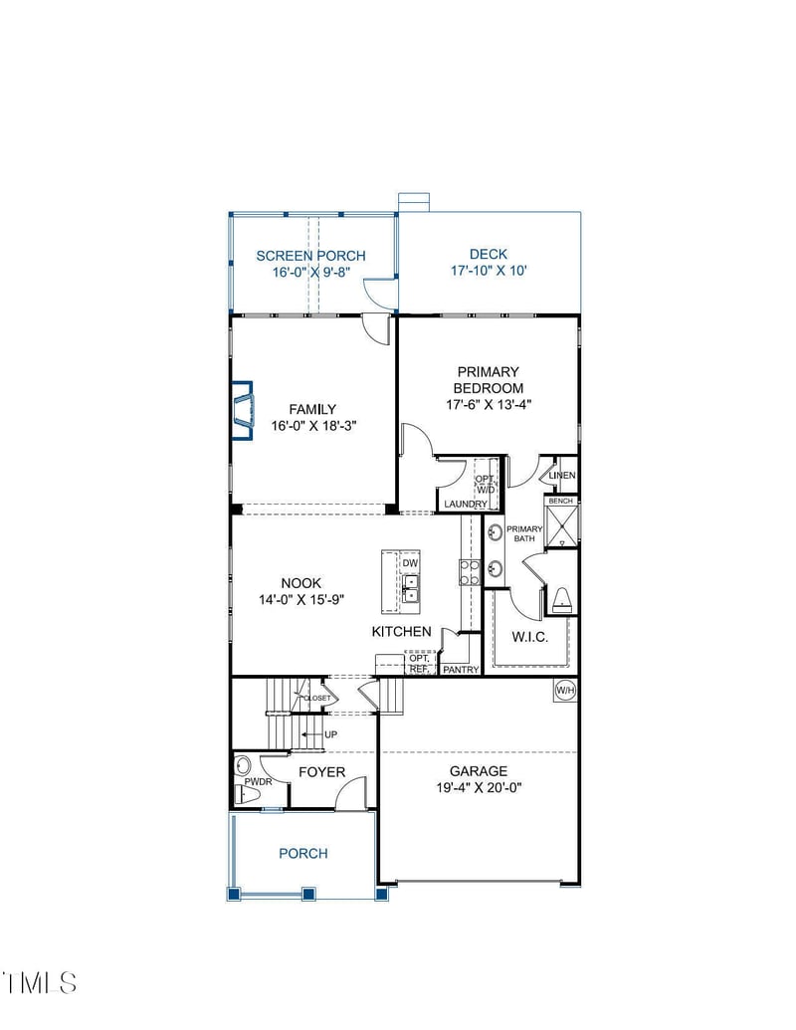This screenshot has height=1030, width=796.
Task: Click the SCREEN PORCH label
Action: [310, 256]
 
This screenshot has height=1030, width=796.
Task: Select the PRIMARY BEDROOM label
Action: [489, 380]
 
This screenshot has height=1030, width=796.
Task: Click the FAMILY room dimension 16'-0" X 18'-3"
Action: [312, 425]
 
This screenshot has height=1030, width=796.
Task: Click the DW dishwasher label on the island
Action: [410, 563]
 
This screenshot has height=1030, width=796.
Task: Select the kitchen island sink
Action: [410, 588]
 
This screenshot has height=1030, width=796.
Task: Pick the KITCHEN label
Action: [402, 632]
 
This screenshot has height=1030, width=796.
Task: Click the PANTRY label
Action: [462, 670]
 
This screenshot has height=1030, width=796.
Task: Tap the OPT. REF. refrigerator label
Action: [417, 664]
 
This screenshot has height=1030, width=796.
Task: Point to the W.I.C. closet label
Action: [530, 637]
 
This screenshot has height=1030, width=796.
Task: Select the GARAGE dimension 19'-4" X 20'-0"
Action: [479, 787]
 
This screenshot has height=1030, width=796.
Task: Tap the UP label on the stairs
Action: [329, 734]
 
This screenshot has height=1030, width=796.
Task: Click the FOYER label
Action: [321, 772]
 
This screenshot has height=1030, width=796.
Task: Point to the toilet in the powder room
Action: [242, 766]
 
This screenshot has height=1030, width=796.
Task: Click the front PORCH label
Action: [302, 853]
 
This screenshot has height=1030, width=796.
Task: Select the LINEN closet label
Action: [562, 476]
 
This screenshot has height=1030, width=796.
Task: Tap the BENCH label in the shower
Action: [561, 502]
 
